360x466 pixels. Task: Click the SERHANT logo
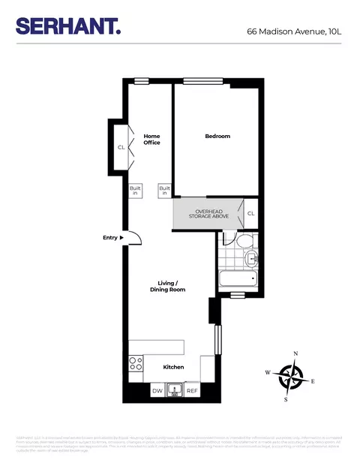tap(68, 26)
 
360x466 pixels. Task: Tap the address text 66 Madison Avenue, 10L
tap(294, 32)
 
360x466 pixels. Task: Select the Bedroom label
tap(217, 136)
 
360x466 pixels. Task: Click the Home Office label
tap(152, 139)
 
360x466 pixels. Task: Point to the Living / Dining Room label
tap(166, 286)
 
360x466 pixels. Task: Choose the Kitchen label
tap(174, 367)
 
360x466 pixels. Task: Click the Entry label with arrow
tap(112, 238)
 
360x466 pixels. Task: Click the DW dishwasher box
tap(157, 391)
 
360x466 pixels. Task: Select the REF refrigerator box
tap(192, 391)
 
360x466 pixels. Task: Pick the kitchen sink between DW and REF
tap(175, 390)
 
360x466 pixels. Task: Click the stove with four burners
tap(136, 364)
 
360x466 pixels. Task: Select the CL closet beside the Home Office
tap(121, 147)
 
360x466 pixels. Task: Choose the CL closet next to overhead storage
tap(251, 213)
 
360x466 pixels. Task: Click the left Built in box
tap(136, 191)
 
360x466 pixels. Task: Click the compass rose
tap(289, 376)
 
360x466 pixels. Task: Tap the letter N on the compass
tap(295, 353)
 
